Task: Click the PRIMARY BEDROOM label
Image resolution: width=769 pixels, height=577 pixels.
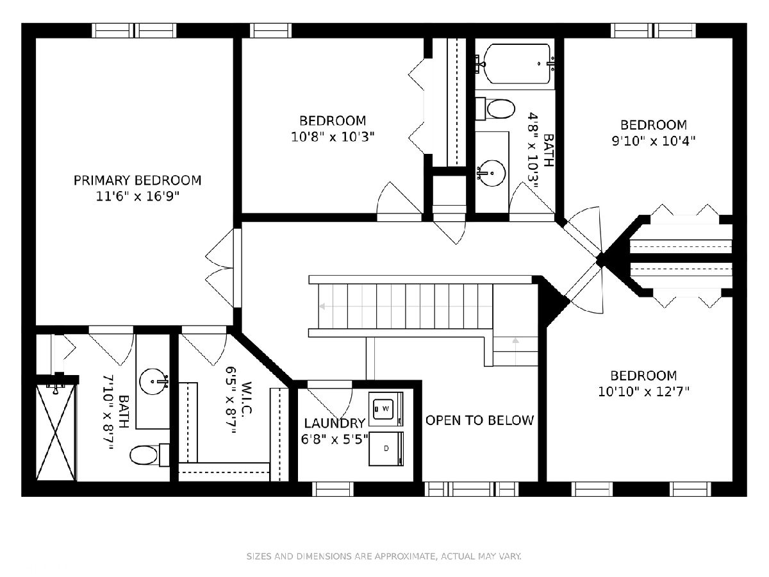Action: [137, 180]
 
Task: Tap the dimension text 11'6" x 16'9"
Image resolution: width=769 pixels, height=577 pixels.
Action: [137, 196]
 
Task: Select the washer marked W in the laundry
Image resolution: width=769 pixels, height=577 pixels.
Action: [386, 409]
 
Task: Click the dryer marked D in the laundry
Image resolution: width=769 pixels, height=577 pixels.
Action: [386, 449]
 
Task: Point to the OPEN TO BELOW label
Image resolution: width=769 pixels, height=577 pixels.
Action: [479, 420]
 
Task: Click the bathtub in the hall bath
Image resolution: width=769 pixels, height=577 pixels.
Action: [516, 63]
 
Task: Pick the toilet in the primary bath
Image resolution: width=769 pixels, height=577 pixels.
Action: [149, 455]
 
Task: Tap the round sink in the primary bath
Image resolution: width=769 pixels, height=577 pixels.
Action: [153, 381]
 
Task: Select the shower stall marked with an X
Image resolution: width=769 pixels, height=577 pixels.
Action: [56, 433]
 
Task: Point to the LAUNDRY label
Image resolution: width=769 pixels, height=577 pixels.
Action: [335, 423]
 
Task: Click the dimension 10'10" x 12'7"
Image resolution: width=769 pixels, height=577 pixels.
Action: [643, 391]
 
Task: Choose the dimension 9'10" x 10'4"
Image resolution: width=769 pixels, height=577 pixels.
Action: [654, 141]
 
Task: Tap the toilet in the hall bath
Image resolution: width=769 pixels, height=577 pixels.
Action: [495, 108]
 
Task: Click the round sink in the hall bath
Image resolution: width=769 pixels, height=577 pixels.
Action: [492, 173]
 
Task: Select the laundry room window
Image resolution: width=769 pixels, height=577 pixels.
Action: [333, 489]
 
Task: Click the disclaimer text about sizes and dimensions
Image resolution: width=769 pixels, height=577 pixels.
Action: [384, 556]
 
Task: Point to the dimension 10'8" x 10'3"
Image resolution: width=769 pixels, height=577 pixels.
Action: [333, 137]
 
